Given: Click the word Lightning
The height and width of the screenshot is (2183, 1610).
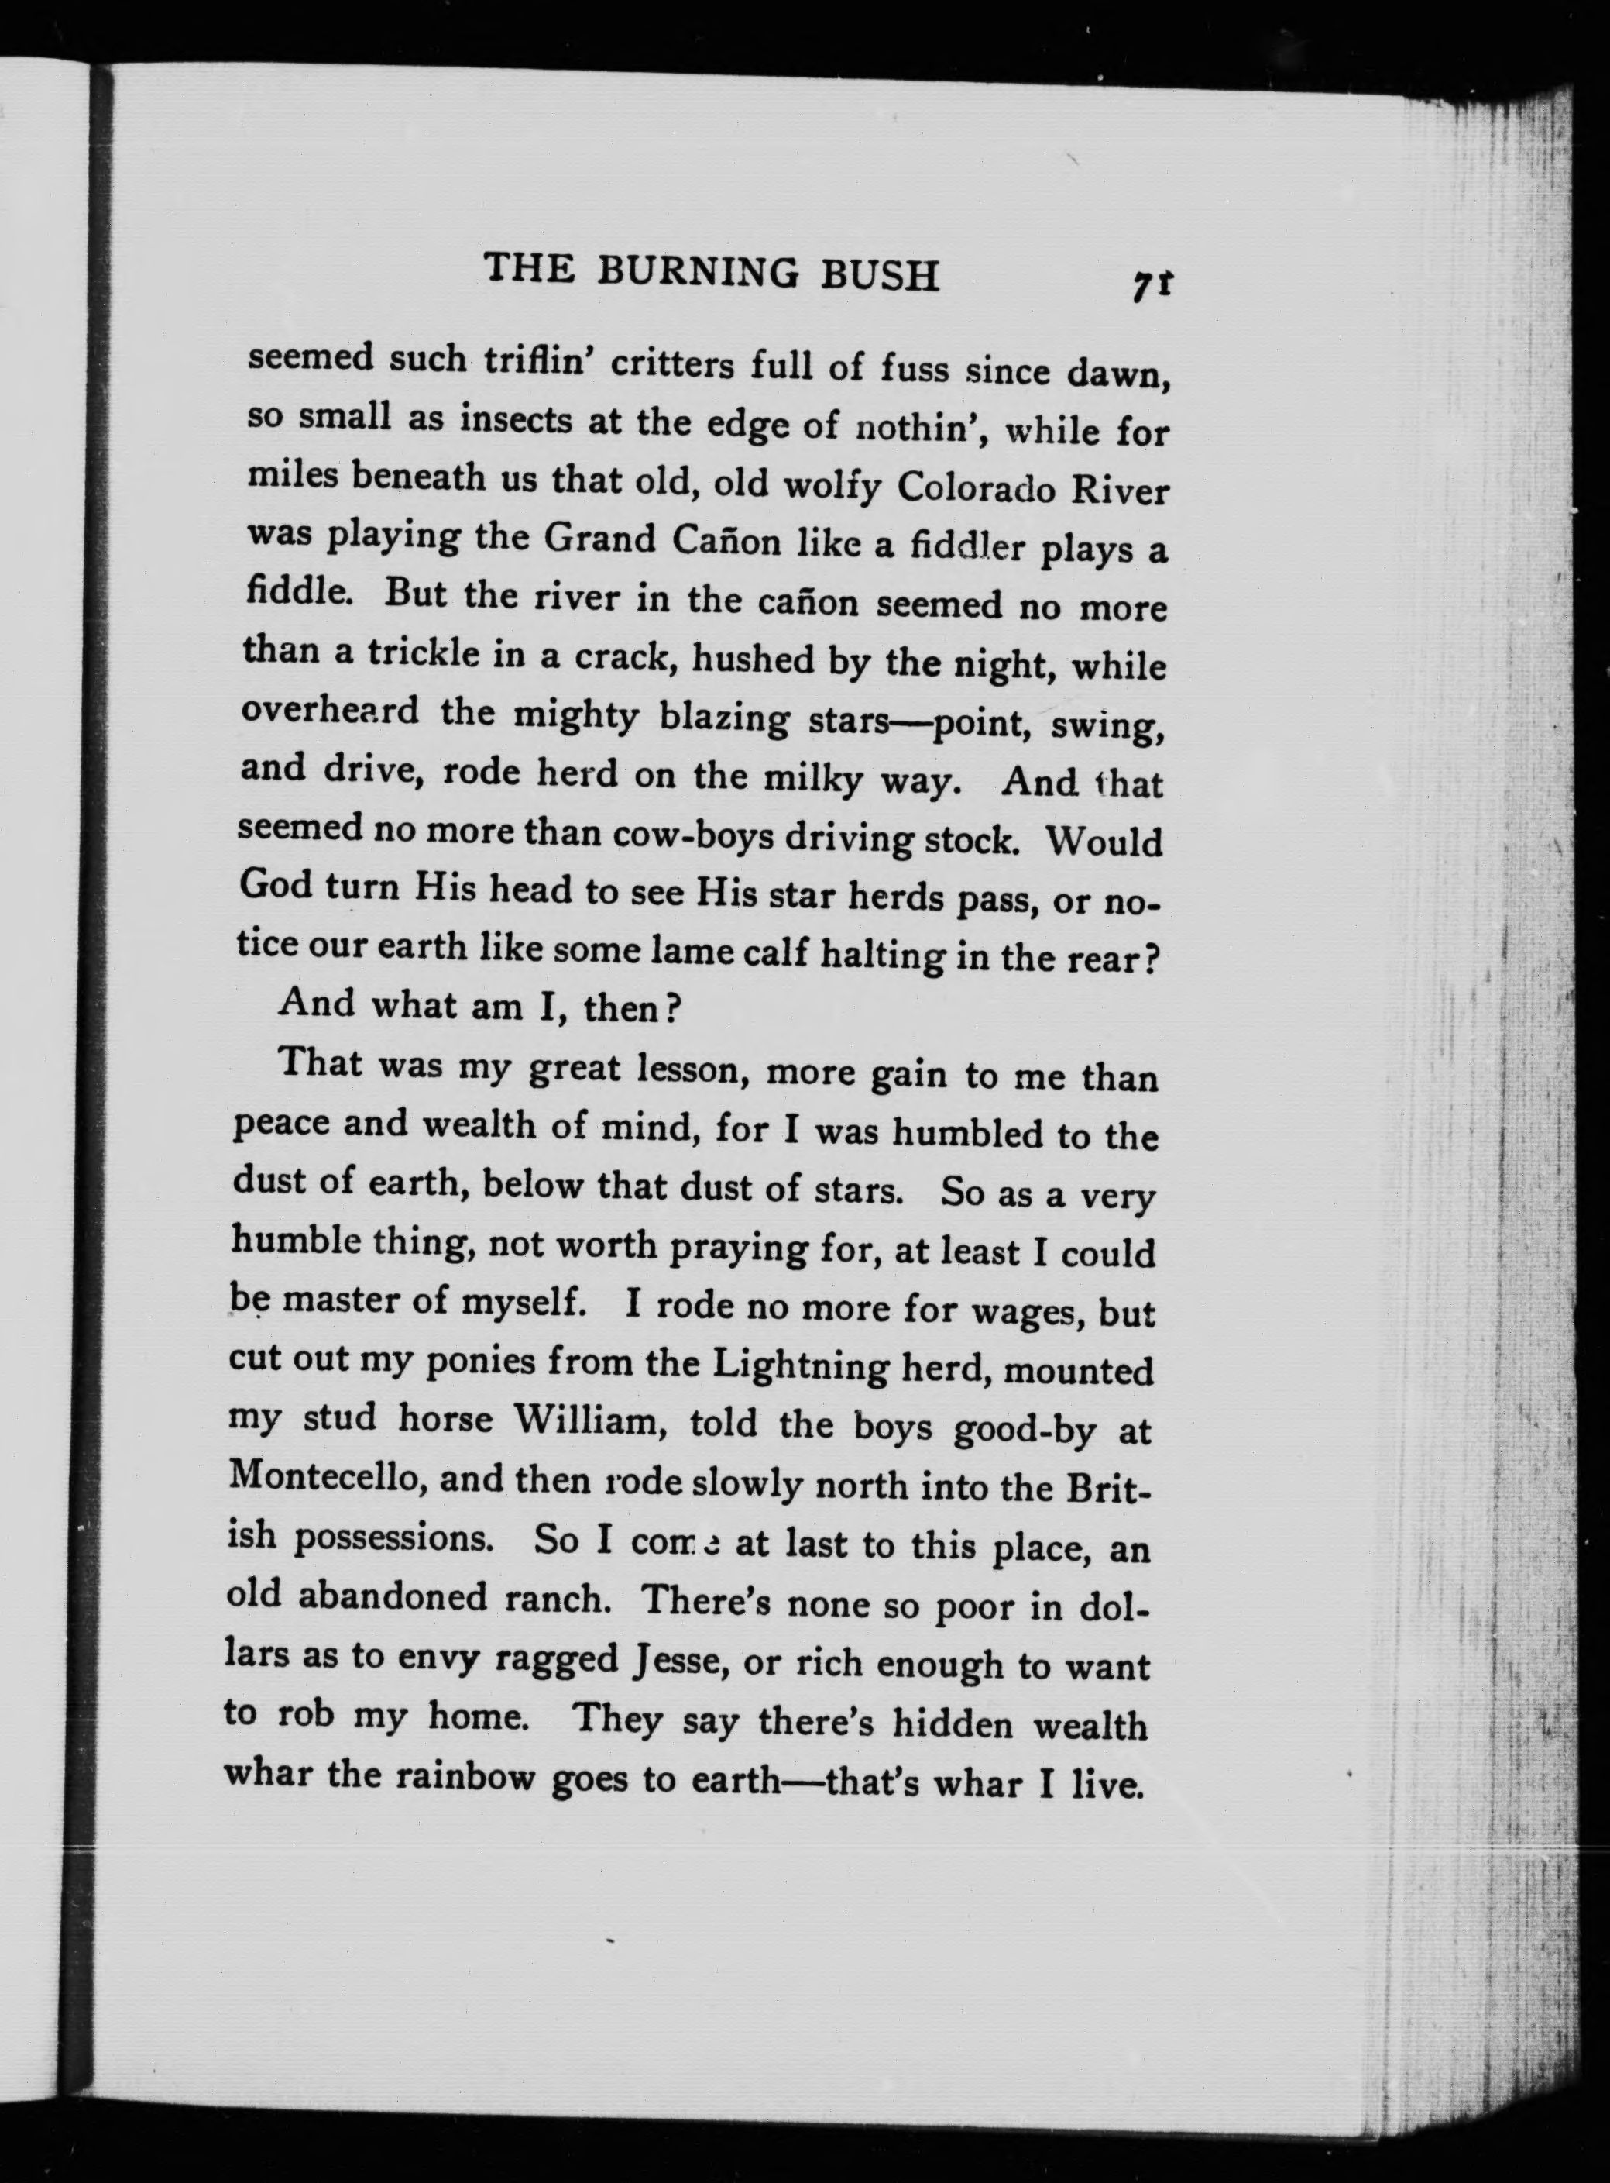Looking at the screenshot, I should point(800,1364).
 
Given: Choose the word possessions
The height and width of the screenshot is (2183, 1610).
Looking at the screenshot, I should point(397,1537).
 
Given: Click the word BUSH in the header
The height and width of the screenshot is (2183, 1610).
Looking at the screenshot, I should point(881,275).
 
